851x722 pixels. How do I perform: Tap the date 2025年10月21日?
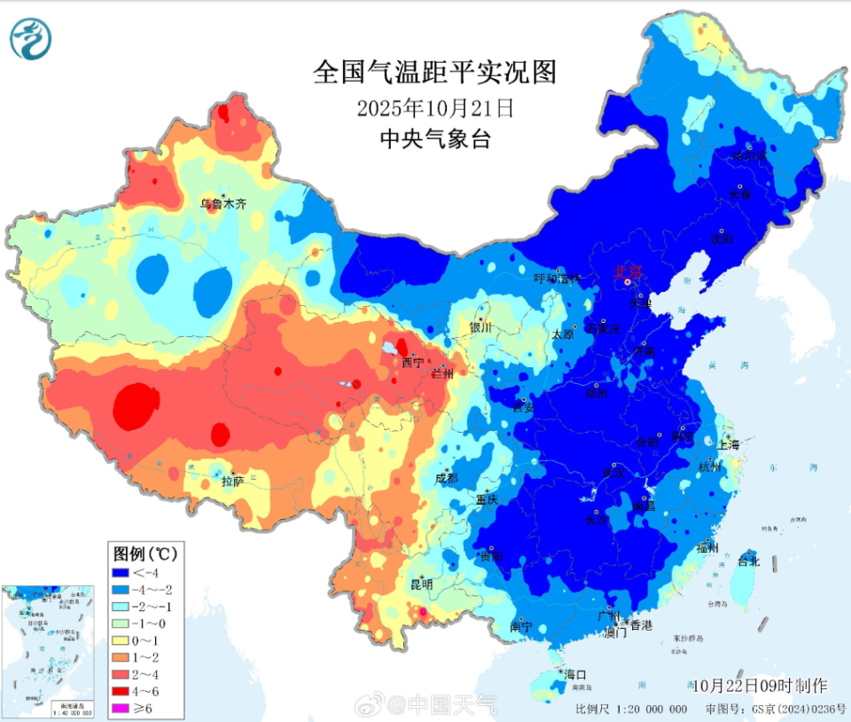tap(434, 108)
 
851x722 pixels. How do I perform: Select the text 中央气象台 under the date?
tap(434, 138)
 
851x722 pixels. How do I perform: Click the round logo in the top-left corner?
tap(31, 38)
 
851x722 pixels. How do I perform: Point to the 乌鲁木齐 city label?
tap(223, 204)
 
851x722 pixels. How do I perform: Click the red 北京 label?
tap(628, 272)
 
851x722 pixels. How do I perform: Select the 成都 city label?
tap(447, 478)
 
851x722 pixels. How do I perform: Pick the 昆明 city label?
tap(421, 585)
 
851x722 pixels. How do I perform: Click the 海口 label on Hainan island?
tap(575, 675)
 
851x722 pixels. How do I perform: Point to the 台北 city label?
tap(749, 561)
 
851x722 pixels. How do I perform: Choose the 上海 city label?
tap(730, 445)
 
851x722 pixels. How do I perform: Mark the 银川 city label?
tap(480, 327)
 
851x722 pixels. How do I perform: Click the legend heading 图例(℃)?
tap(145, 553)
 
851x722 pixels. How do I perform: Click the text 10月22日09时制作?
tap(760, 686)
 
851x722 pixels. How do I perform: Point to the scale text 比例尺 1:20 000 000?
tap(631, 709)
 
